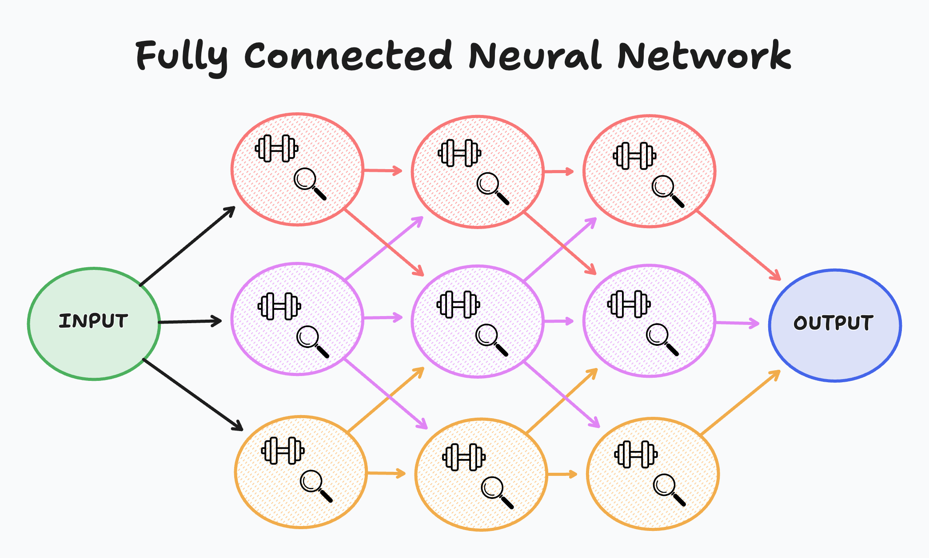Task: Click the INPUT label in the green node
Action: pos(93,321)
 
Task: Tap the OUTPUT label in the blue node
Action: pos(833,323)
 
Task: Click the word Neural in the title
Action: pos(535,56)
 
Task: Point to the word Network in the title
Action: pos(704,56)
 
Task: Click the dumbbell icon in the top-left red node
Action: pos(277,148)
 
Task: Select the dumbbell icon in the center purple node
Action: pos(458,305)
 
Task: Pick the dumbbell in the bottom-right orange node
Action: pos(636,454)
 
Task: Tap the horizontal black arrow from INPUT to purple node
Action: pos(190,321)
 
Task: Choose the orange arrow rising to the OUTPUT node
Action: pos(740,402)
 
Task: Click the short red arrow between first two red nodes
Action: pos(382,170)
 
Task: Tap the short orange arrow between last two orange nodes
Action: pos(562,474)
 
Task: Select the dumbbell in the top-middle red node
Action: pos(459,153)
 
